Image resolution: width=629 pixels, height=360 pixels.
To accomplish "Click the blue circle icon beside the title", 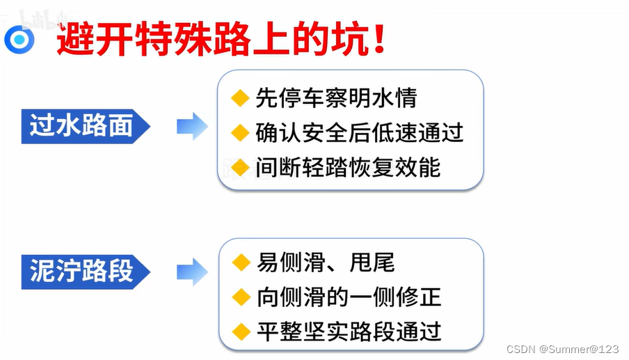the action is click(19, 40).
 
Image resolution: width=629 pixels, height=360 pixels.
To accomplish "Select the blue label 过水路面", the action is click(82, 125).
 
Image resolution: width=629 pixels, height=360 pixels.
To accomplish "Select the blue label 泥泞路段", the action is click(82, 270).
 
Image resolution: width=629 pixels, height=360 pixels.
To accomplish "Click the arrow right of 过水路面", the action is click(192, 126).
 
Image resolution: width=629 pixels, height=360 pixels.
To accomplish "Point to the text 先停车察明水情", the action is click(336, 98).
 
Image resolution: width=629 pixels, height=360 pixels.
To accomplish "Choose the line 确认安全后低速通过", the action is click(359, 132).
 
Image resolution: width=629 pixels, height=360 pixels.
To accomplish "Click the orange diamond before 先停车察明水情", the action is click(240, 98).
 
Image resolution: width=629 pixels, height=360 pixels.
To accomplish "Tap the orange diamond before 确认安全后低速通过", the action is click(240, 132).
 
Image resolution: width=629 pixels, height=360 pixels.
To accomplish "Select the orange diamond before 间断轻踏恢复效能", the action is click(240, 167).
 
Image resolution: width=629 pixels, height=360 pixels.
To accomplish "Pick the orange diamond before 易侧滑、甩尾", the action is click(241, 263).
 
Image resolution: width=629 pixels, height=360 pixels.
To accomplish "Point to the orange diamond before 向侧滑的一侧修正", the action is click(241, 297).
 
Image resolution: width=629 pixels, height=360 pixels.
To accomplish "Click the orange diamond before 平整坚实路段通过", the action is click(241, 331).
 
